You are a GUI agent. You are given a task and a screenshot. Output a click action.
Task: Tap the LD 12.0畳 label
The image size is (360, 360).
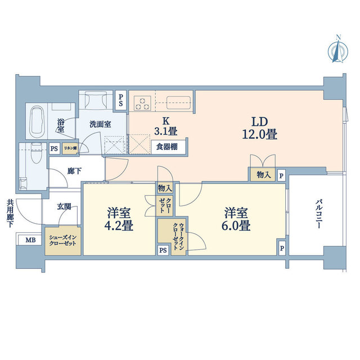tap(258, 128)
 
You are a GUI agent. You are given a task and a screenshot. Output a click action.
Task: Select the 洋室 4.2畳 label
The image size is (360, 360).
tap(119, 220)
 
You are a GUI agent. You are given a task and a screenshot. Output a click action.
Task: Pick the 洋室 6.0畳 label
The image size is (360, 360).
tap(237, 220)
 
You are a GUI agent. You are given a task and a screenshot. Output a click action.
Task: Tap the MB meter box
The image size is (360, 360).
tap(30, 241)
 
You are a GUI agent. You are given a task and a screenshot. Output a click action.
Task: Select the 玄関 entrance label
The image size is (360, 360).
tap(63, 206)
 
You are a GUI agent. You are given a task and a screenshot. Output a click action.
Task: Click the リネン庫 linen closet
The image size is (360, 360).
tap(70, 148)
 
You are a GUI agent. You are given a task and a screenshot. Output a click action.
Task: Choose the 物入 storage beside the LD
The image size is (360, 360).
tap(263, 175)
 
